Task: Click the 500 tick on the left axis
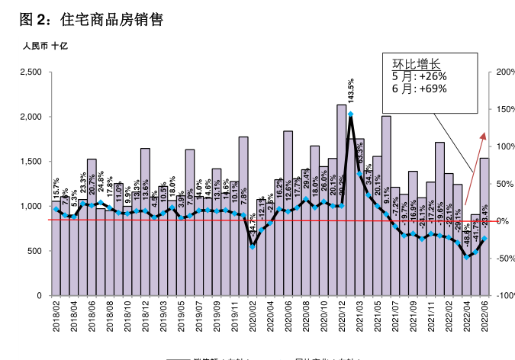tap(34, 251)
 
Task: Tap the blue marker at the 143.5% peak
tap(350, 114)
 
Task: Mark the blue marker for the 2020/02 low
tap(253, 246)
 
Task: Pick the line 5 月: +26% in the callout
tap(419, 76)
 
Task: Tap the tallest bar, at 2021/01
tap(341, 198)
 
